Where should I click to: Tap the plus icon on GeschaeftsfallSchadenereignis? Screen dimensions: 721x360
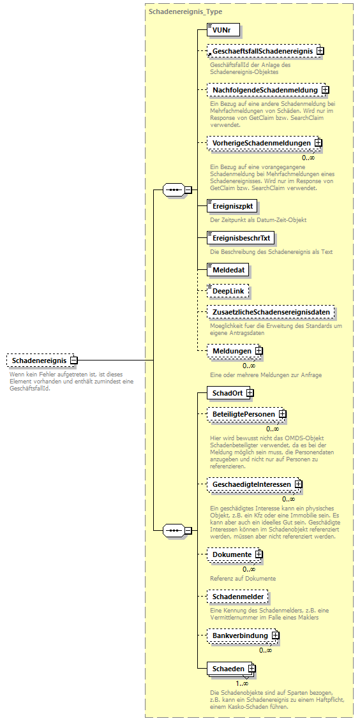click(x=320, y=50)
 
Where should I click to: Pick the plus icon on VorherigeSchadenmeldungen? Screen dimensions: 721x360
click(x=317, y=143)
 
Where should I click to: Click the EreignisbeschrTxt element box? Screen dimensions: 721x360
click(x=241, y=238)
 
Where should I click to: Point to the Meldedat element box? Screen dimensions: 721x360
click(x=228, y=270)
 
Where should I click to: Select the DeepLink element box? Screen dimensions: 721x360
click(x=228, y=291)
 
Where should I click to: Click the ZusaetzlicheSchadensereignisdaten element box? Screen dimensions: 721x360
click(x=271, y=312)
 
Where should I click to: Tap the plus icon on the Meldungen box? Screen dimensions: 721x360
click(x=259, y=351)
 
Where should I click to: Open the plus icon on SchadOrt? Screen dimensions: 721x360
click(x=250, y=393)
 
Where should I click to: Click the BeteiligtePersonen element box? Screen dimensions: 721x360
click(x=244, y=414)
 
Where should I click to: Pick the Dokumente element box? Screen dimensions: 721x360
click(x=232, y=554)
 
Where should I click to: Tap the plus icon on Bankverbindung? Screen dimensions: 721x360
click(x=275, y=636)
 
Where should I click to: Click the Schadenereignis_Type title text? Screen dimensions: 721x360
click(x=185, y=11)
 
